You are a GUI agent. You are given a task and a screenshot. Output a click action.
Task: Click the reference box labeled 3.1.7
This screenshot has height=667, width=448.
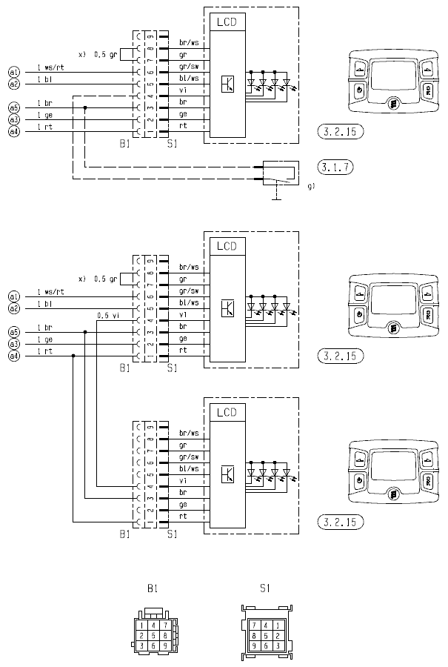[x=334, y=166]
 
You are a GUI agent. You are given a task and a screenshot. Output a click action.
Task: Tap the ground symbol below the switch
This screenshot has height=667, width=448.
[x=275, y=197]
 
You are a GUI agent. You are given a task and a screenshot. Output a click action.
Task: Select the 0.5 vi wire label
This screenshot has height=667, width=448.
[x=109, y=315]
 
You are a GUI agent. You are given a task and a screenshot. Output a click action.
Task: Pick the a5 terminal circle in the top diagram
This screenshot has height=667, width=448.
[x=13, y=107]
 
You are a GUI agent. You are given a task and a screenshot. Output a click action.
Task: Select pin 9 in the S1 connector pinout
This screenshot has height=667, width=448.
[x=253, y=646]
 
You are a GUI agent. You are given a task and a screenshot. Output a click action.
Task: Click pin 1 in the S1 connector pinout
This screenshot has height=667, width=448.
[x=277, y=625]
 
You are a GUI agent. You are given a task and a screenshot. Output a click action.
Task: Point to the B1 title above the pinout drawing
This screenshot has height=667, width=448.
[x=152, y=589]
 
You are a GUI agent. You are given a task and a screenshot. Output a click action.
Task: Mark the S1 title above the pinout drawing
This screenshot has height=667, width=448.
[x=264, y=589]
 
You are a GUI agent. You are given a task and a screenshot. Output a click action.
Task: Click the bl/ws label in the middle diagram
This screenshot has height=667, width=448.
[x=189, y=302]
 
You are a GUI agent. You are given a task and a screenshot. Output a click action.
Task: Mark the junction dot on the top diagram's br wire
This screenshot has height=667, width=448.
[x=85, y=107]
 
